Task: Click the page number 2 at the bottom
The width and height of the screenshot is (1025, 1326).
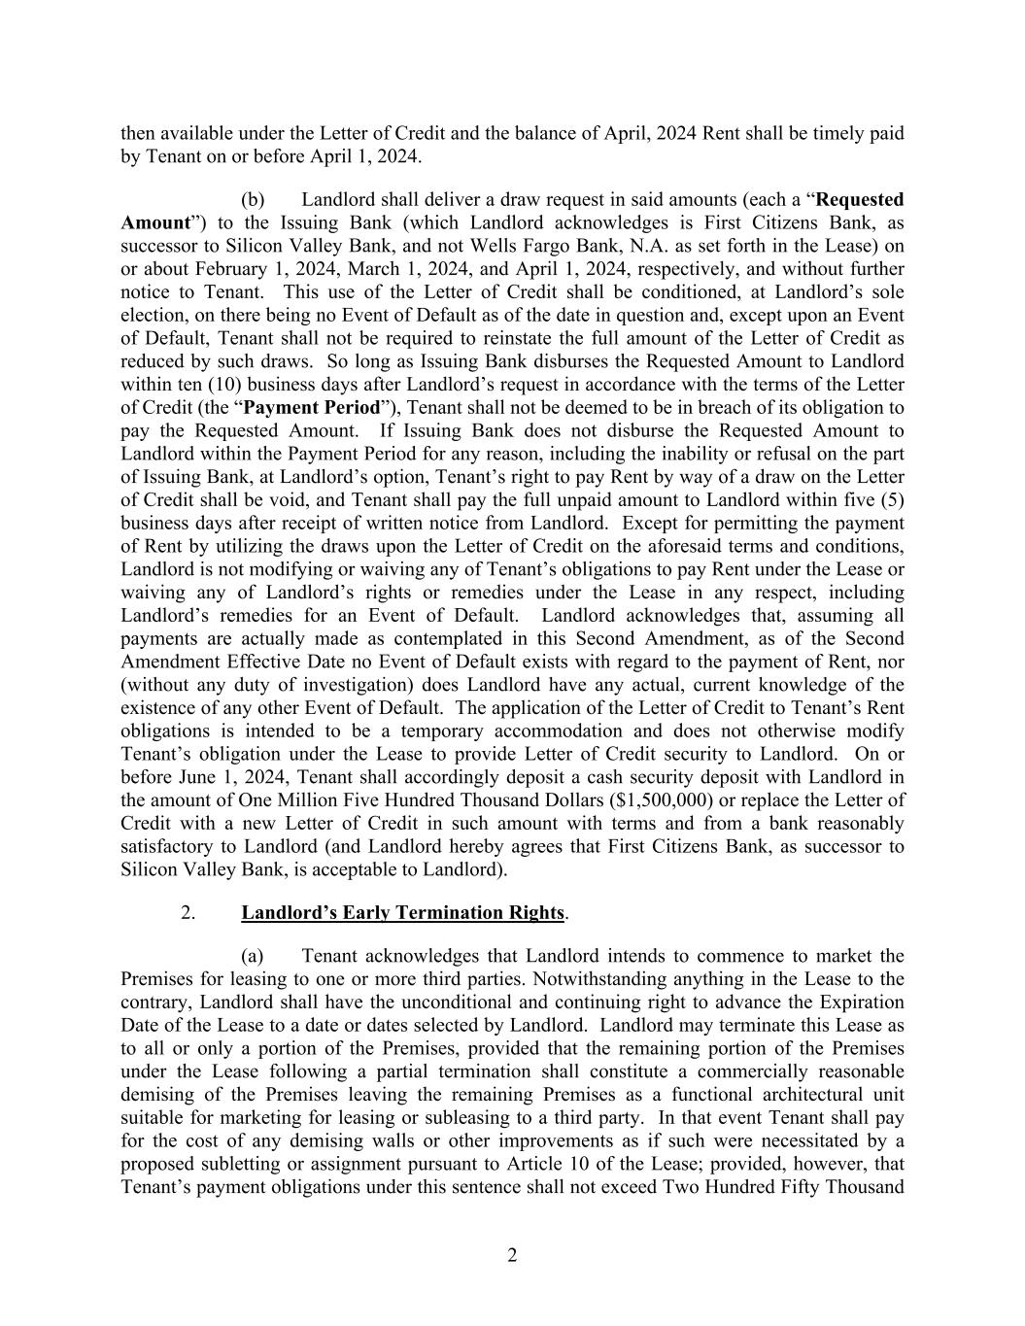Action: (512, 1255)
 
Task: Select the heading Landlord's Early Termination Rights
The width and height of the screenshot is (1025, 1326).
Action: (402, 912)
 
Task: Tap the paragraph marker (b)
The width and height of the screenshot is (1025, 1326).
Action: (253, 199)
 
